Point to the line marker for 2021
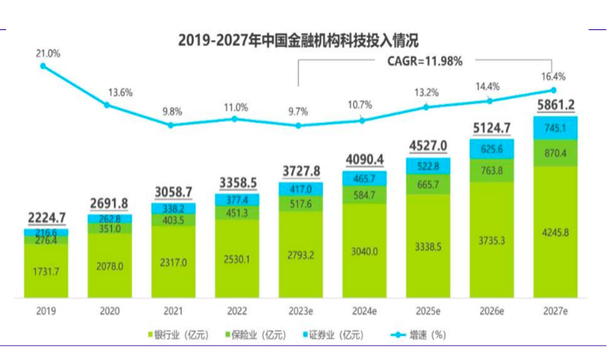point(171,125)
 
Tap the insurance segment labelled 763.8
point(489,170)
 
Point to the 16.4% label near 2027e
point(553,76)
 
